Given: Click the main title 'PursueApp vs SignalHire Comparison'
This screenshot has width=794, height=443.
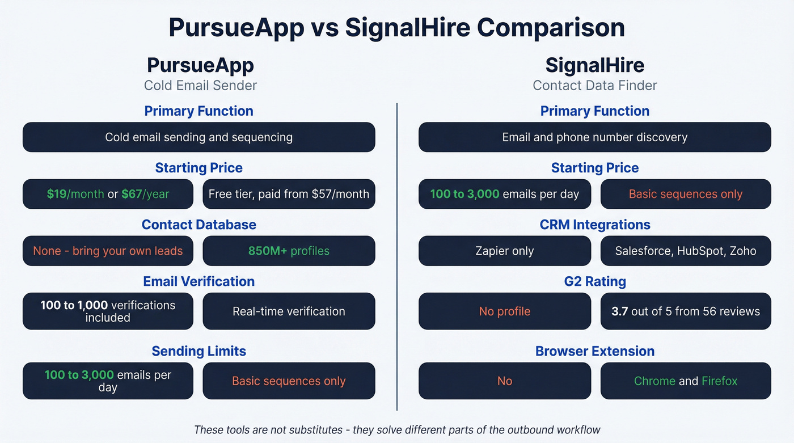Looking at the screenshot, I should tap(396, 28).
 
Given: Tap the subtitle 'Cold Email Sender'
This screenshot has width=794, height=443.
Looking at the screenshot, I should tap(200, 86).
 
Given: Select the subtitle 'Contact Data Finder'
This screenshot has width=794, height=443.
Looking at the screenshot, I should tap(594, 86).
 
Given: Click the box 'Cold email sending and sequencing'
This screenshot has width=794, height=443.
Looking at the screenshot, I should tap(198, 137).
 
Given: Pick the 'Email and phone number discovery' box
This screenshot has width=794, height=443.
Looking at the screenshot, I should tap(594, 137).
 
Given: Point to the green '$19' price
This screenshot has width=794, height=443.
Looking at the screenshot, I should tap(57, 194).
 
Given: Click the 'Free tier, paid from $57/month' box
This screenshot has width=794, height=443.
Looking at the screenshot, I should tap(289, 194).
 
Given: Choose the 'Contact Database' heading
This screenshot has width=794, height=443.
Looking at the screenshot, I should tap(198, 225).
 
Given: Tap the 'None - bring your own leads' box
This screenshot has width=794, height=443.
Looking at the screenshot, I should tap(108, 251).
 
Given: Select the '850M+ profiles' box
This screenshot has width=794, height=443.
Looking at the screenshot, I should tap(289, 251).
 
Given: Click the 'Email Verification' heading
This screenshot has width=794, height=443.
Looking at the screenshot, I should tap(198, 281).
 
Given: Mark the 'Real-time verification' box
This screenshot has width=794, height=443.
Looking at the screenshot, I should tap(289, 311).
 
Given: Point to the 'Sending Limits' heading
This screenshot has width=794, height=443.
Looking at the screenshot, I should tap(198, 351).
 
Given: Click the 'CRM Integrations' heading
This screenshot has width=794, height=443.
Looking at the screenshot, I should tap(594, 225).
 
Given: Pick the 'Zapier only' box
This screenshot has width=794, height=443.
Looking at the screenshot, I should tap(504, 251).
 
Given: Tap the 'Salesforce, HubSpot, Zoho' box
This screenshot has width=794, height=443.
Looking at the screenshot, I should tap(685, 251).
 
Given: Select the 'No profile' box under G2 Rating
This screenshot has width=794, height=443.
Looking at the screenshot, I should tap(504, 311).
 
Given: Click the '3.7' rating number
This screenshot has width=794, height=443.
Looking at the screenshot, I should tap(619, 311).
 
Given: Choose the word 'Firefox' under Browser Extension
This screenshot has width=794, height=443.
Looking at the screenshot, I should tap(719, 381).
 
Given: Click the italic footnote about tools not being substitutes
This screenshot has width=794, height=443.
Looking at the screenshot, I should tap(396, 429).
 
